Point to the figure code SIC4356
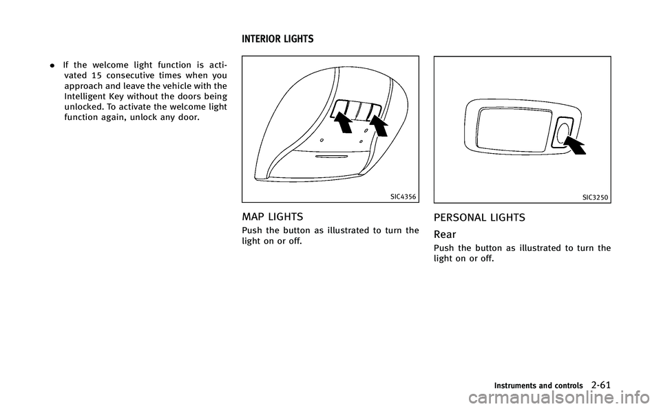(403, 197)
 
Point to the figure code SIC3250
(595, 197)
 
